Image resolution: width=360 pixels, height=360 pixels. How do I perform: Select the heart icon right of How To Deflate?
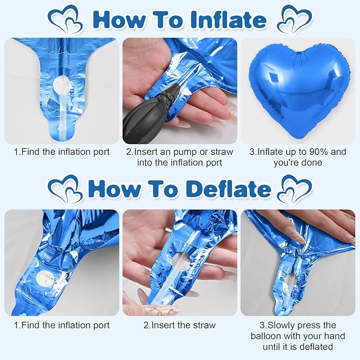coord(295,189)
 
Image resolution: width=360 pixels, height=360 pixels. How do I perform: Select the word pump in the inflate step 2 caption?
coord(184,152)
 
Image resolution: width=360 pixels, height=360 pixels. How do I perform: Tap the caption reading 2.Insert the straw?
coord(179,325)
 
